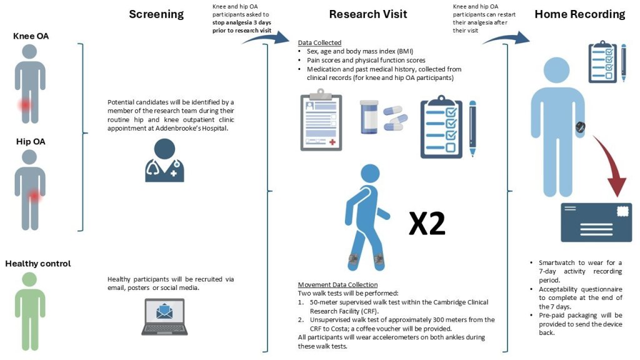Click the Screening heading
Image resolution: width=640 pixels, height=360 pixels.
point(156,14)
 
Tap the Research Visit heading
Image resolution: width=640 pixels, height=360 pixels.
point(368,14)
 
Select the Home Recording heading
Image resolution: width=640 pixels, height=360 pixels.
point(579,14)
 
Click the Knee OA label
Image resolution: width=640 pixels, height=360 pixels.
point(30,37)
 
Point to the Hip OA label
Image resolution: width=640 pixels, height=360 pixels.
point(31,142)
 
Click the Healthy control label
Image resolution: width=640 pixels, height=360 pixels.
point(38,263)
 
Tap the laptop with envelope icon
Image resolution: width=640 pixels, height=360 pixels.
point(165,316)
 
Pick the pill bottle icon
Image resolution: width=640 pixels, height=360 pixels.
point(369,117)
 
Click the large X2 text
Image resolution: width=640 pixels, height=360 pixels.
point(427,224)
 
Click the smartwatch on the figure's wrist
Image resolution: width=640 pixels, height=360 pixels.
point(580,129)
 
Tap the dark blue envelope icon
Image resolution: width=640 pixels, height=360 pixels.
point(596,222)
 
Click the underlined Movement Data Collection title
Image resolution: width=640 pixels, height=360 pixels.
point(337,284)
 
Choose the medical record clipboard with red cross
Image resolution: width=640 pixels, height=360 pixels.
point(321,122)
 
